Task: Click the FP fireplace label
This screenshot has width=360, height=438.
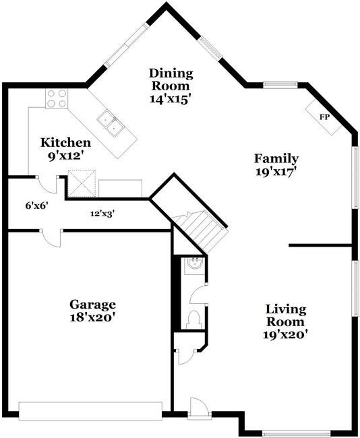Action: click(324, 117)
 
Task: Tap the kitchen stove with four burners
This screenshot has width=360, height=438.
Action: click(57, 98)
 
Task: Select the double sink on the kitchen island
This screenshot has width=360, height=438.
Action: click(111, 123)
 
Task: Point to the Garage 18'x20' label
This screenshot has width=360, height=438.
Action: click(92, 311)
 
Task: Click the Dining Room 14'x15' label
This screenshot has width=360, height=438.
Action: click(171, 86)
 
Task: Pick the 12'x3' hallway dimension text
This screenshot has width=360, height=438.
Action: click(102, 214)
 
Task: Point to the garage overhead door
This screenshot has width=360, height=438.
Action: click(90, 411)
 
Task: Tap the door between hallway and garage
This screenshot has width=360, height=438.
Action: click(51, 239)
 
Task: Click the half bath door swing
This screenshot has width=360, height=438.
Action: click(198, 294)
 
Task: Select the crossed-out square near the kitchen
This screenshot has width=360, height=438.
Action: click(82, 183)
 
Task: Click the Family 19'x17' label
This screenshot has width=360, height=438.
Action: click(276, 165)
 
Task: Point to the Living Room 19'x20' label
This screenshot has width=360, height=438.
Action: click(285, 322)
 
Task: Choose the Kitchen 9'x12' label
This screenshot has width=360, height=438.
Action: click(65, 149)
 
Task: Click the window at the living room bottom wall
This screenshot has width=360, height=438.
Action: click(296, 434)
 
